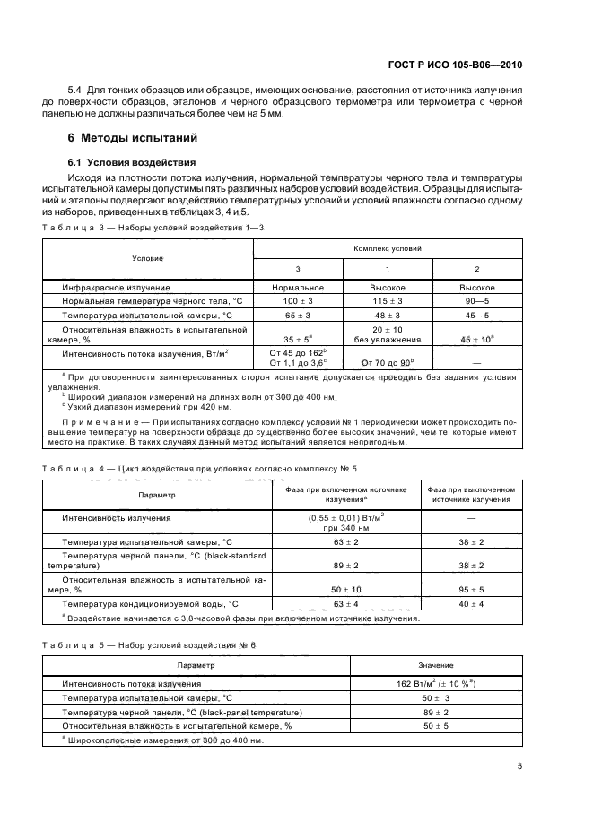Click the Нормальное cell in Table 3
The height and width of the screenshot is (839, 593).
point(297,287)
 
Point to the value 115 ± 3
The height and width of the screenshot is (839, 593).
point(388,301)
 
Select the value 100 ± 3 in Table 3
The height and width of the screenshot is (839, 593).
point(297,301)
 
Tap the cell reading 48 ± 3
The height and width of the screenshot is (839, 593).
point(388,316)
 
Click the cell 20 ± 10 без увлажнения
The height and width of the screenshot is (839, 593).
point(388,335)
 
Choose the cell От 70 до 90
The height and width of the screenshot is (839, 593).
point(387,361)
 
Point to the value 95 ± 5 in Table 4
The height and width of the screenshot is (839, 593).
point(470,589)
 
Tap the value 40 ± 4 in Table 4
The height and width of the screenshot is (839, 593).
point(470,604)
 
